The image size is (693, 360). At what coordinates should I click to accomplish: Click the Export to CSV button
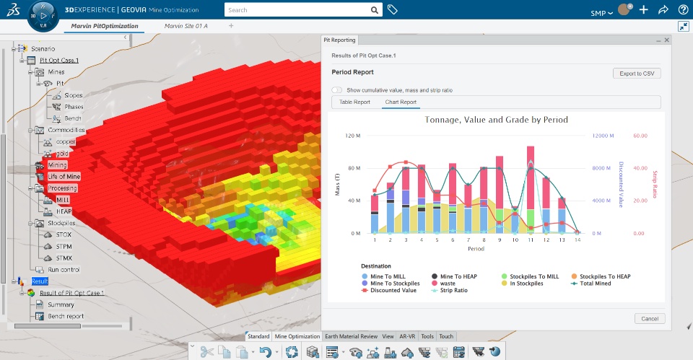637,73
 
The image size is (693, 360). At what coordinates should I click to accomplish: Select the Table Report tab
354,102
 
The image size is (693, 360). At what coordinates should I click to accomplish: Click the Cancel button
650,318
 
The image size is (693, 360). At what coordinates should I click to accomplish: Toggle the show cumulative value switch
337,90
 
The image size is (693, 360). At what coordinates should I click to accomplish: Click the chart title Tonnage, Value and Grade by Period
496,120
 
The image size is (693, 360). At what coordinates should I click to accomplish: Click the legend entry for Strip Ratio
454,291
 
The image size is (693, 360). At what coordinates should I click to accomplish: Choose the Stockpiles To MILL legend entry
533,276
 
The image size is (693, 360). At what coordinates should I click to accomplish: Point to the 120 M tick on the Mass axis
352,136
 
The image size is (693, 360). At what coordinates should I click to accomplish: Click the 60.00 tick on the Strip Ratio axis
640,136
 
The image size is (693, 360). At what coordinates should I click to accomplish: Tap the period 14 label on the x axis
577,240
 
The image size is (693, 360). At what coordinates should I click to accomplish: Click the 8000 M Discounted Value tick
602,168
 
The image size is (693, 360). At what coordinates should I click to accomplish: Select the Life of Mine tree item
64,177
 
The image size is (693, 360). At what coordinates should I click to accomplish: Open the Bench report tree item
66,316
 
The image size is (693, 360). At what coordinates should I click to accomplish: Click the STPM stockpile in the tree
64,246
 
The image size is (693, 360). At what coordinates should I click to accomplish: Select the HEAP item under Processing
64,211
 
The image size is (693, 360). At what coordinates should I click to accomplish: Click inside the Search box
296,11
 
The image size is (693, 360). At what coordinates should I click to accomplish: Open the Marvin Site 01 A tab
186,26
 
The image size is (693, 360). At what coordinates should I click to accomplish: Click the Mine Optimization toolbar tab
297,336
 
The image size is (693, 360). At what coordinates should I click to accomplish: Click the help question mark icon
683,11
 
